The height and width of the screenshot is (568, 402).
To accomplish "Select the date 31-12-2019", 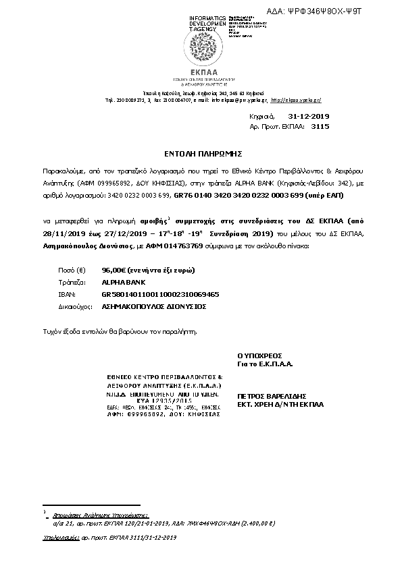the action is tap(291, 117).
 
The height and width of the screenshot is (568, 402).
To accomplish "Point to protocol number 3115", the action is tap(320, 126).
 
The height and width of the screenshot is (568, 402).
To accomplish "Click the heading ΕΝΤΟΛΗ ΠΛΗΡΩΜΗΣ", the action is tap(201, 154).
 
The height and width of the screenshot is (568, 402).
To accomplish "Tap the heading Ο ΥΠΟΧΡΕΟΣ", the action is tap(259, 354).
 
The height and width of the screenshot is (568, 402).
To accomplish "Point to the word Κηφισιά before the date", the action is tap(259, 117).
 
